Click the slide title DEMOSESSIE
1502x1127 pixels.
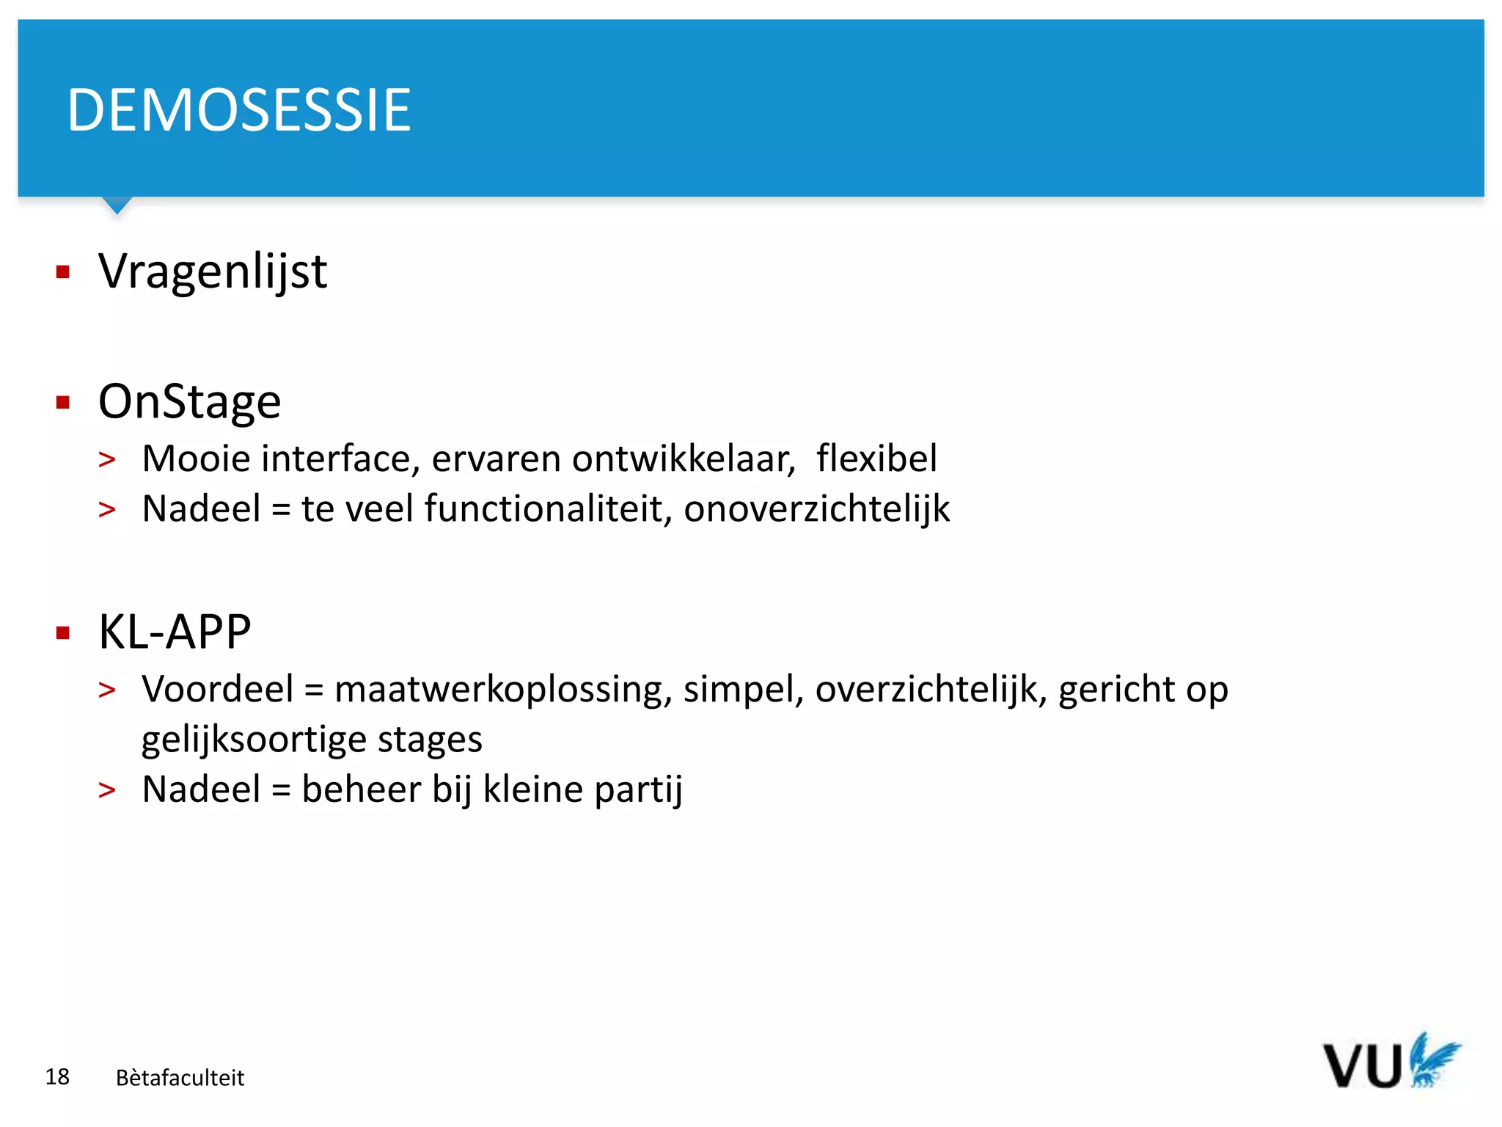point(239,110)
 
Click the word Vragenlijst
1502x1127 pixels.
point(213,271)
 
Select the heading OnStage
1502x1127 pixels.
point(189,402)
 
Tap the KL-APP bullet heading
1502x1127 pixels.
point(175,632)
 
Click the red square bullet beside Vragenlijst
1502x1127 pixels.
point(63,272)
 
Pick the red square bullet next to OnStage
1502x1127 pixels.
point(63,402)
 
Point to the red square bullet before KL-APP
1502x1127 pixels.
point(63,632)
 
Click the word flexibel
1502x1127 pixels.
point(876,459)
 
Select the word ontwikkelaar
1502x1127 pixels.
point(684,459)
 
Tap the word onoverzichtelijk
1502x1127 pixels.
point(816,508)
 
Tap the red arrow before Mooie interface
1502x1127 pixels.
point(107,460)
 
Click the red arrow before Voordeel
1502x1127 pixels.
point(107,690)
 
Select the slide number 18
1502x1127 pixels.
point(57,1076)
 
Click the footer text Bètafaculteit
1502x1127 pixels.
point(180,1077)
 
